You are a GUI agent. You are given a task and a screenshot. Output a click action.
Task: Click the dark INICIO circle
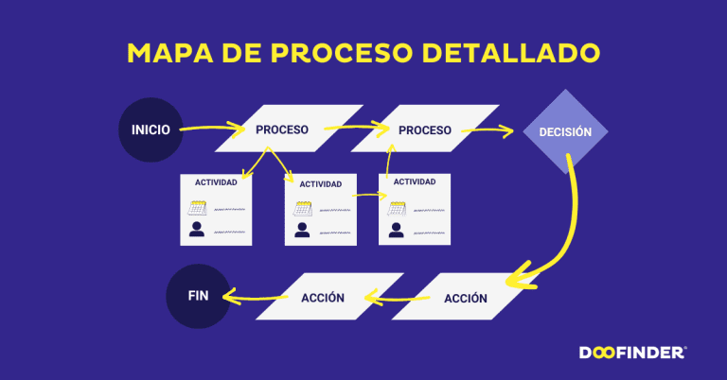point(151,129)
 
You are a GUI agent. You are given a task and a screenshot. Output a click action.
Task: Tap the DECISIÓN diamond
point(565,131)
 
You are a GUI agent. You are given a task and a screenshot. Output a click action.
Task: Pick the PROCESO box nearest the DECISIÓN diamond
point(424,129)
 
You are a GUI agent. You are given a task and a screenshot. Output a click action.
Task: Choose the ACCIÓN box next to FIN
point(323,297)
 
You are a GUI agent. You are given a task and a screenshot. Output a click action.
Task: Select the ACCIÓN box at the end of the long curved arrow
point(465,298)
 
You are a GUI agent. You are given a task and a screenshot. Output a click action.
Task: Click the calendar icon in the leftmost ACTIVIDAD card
point(197,208)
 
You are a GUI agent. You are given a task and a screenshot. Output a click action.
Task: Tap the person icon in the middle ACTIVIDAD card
point(302,229)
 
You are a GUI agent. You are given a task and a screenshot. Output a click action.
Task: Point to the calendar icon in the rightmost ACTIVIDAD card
point(396,208)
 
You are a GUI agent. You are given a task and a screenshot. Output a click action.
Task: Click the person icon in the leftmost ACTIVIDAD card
point(197,229)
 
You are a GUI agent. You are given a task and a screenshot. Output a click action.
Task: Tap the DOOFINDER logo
point(632,353)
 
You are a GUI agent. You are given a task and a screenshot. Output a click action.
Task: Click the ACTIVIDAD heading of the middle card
point(320,183)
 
